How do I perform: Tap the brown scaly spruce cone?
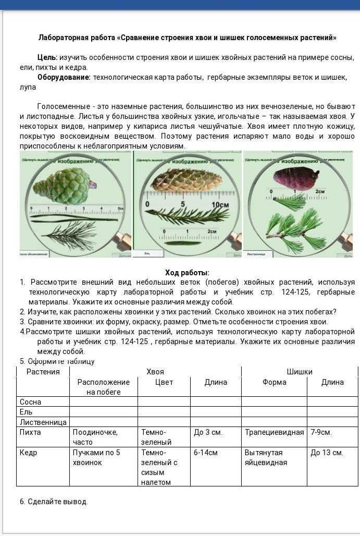[x=185, y=180]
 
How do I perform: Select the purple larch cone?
[x=295, y=178]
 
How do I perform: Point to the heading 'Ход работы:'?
[x=187, y=273]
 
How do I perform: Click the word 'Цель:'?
[x=47, y=57]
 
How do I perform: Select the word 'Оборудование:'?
[x=64, y=77]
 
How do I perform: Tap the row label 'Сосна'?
[x=30, y=402]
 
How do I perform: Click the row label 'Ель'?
[x=26, y=412]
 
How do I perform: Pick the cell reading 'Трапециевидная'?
[x=274, y=432]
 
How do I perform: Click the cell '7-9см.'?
[x=321, y=432]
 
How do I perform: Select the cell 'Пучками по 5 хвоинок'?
[x=96, y=457]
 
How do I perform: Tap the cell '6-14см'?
[x=205, y=453]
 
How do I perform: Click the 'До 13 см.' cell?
[x=327, y=453]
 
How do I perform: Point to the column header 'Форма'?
[x=274, y=382]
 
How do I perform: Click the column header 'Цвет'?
[x=164, y=382]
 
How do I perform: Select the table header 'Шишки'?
[x=300, y=372]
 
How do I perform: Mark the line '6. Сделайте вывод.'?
[x=54, y=502]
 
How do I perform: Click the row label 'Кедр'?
[x=28, y=453]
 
